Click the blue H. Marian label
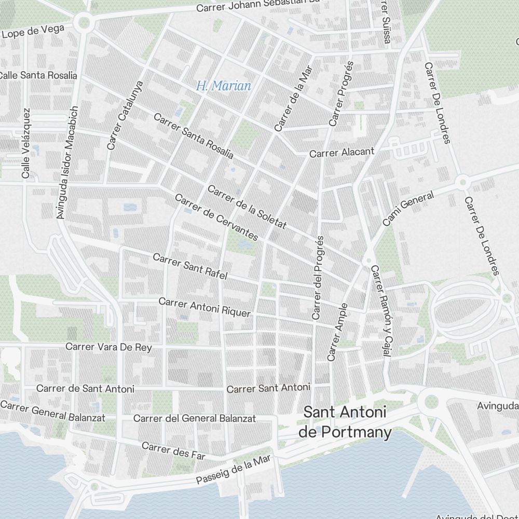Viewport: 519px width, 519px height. click(224, 86)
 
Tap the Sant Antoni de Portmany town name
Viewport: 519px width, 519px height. click(345, 422)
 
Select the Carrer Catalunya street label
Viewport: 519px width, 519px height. click(125, 115)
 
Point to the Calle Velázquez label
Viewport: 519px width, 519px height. click(26, 143)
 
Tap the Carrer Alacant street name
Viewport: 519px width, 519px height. click(342, 153)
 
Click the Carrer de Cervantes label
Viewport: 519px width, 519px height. click(216, 217)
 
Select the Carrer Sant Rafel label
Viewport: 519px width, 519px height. click(190, 266)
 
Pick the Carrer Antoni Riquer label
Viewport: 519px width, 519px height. click(204, 307)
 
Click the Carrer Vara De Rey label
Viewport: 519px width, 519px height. click(109, 347)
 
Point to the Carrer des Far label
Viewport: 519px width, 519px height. click(173, 450)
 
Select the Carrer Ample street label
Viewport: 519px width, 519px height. click(337, 332)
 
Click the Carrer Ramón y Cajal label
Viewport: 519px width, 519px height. click(380, 311)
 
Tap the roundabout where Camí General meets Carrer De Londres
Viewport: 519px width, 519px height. click(462, 182)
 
